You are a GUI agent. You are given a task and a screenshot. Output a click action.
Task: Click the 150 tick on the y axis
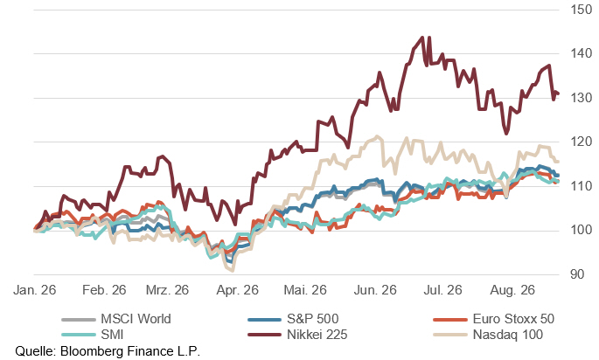point(581,10)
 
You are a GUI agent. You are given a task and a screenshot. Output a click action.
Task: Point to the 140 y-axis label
point(581,53)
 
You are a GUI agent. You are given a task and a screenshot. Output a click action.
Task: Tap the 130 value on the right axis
point(581,97)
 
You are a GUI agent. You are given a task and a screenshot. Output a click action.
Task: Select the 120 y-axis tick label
point(581,142)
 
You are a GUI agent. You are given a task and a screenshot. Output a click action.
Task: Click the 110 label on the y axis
point(581,186)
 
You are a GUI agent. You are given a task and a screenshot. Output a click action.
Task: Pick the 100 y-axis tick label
point(581,230)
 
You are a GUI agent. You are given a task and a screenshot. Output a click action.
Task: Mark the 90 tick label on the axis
point(577,274)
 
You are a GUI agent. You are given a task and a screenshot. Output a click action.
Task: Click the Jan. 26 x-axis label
point(35,290)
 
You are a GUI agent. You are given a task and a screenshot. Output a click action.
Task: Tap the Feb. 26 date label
point(104,290)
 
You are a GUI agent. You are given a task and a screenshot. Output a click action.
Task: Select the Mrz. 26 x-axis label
point(167,290)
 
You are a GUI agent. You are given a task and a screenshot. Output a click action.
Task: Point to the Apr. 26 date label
point(237,290)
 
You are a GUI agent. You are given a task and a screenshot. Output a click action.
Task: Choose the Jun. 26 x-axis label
point(375,290)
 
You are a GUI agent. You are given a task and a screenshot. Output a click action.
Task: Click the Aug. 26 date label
point(512,290)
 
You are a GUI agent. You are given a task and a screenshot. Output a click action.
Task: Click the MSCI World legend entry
point(116,319)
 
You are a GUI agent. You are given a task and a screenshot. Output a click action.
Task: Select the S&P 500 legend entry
point(294,319)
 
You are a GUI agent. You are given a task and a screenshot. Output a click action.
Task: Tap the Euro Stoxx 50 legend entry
point(493,319)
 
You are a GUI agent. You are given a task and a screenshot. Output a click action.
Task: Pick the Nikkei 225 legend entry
point(297,335)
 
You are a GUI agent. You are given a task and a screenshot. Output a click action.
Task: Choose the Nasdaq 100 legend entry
point(488,335)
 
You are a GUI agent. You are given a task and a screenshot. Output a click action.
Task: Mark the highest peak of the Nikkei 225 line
point(422,38)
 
